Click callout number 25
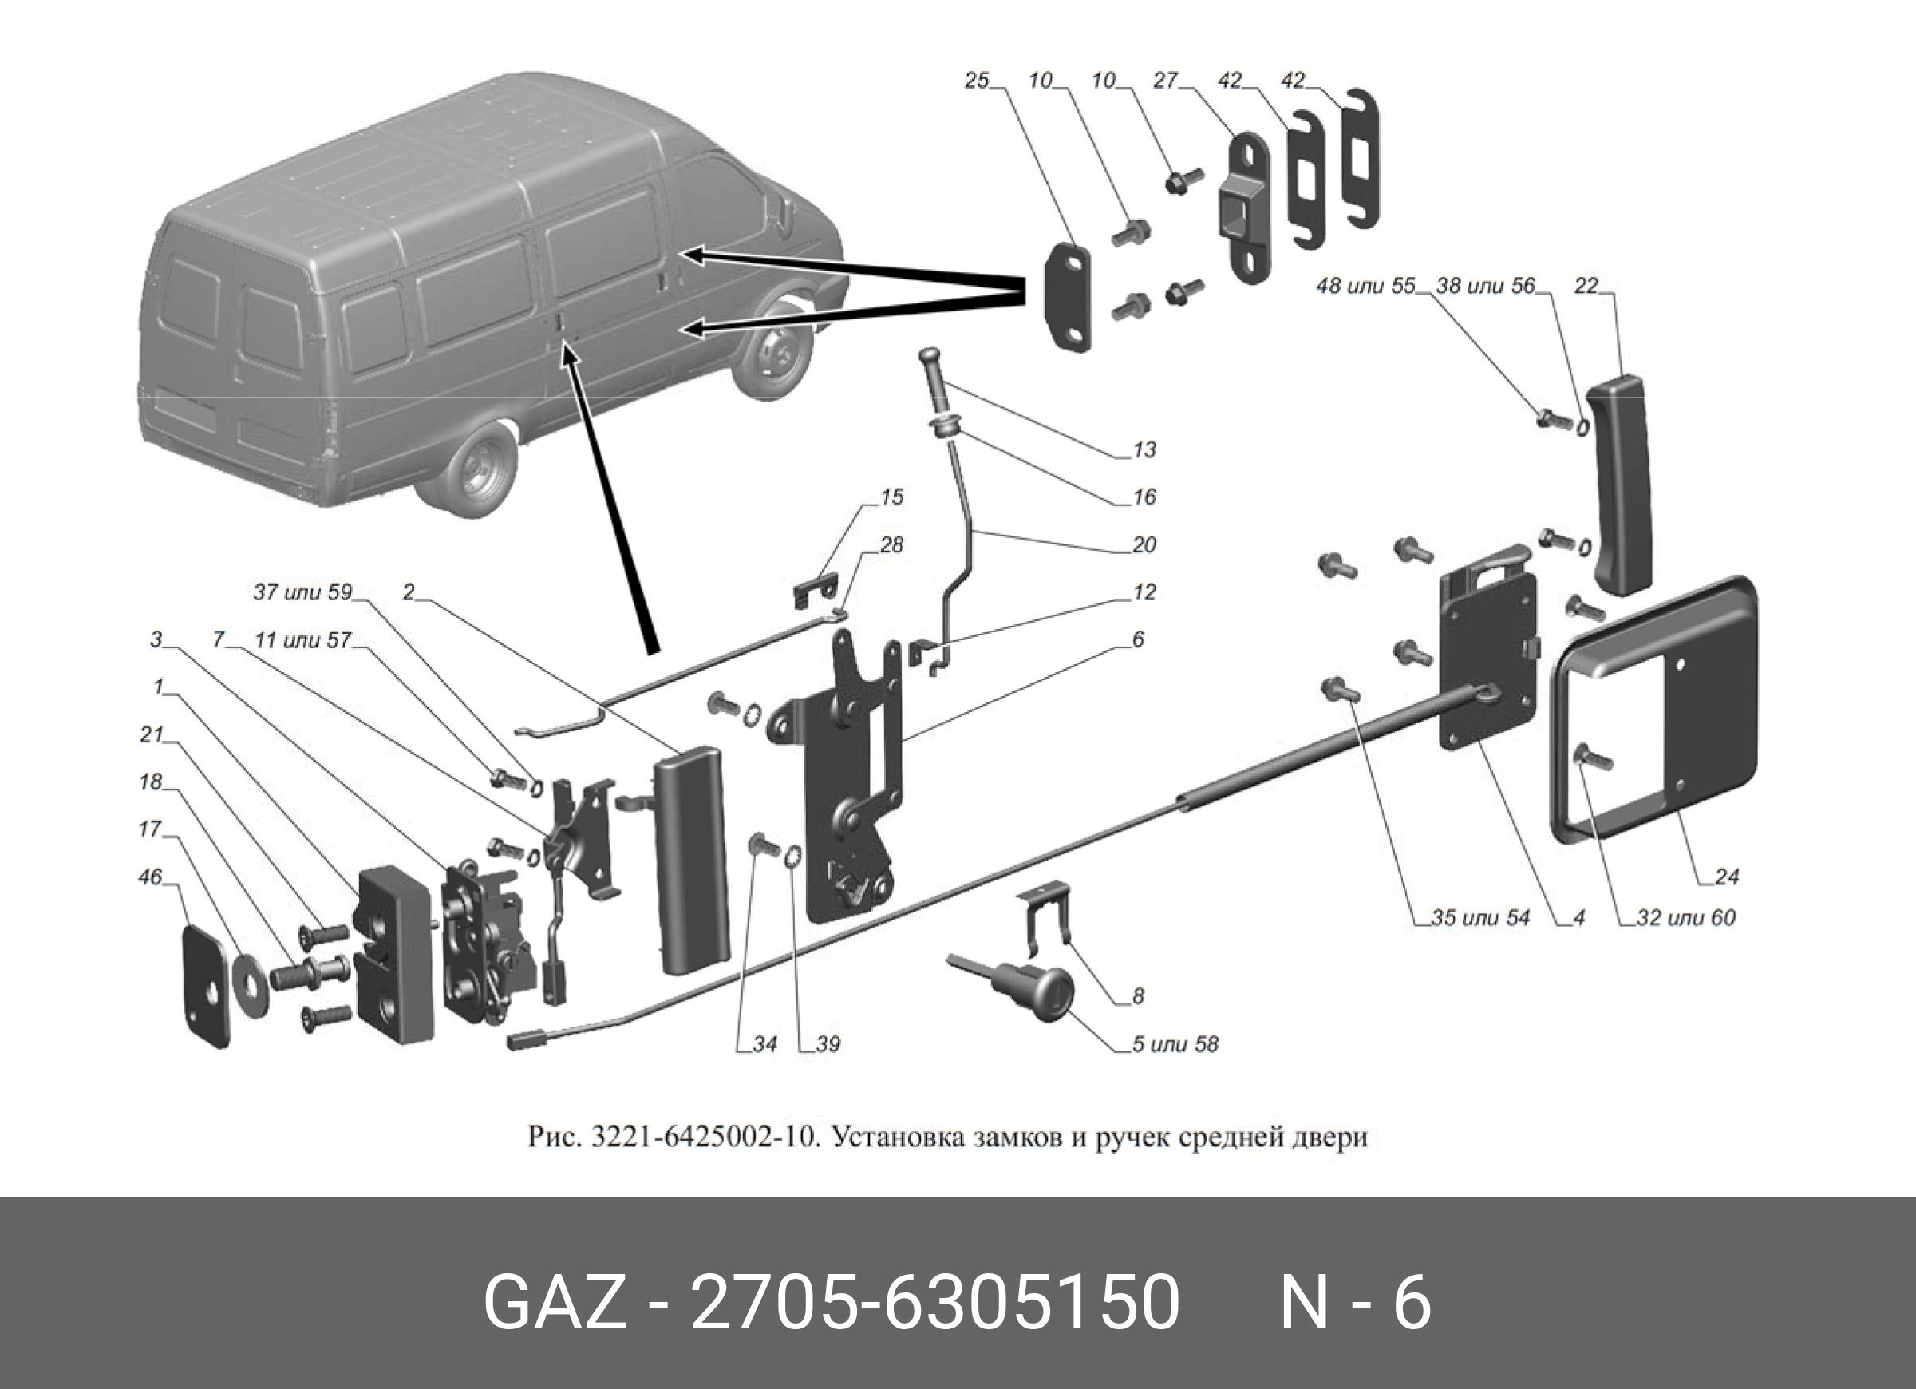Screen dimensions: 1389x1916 pyautogui.click(x=976, y=82)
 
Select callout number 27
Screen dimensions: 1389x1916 pyautogui.click(x=1165, y=81)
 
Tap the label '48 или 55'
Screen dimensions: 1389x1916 pyautogui.click(x=1365, y=287)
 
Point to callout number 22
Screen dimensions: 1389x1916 pyautogui.click(x=1586, y=287)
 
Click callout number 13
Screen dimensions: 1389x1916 pyautogui.click(x=1144, y=449)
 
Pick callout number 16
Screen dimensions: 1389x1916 pyautogui.click(x=1144, y=497)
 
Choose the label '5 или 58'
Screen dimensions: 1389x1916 pyautogui.click(x=1175, y=1044)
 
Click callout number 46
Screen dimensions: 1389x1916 pyautogui.click(x=149, y=878)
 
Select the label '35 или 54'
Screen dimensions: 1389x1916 pyautogui.click(x=1480, y=917)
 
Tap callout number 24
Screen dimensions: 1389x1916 pyautogui.click(x=1727, y=877)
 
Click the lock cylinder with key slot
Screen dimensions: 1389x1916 pyautogui.click(x=1048, y=987)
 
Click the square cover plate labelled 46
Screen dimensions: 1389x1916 pyautogui.click(x=207, y=986)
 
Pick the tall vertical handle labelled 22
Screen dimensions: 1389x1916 pyautogui.click(x=1620, y=486)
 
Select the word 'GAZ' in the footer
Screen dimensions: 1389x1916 pyautogui.click(x=554, y=1302)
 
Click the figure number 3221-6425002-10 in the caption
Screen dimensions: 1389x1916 pyautogui.click(x=705, y=1138)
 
